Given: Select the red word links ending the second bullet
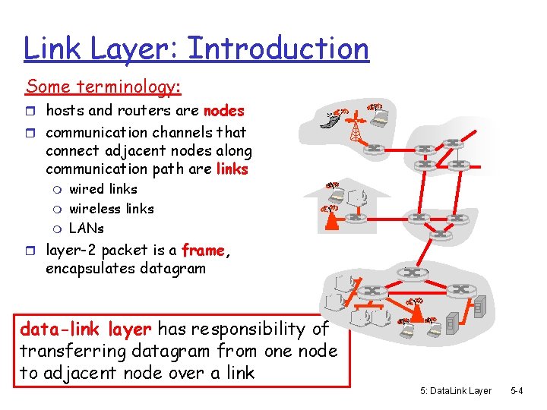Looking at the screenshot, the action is (x=232, y=169).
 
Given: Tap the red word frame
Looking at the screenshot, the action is (x=203, y=251).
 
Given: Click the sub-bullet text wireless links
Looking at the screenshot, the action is (x=111, y=209).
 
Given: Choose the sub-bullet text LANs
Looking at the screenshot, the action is (x=87, y=229).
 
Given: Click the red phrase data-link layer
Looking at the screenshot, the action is (x=86, y=330).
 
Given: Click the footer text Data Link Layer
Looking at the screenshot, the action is (x=455, y=390).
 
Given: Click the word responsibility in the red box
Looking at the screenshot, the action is (x=249, y=330).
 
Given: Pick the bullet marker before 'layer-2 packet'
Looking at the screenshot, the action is (x=32, y=251).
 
